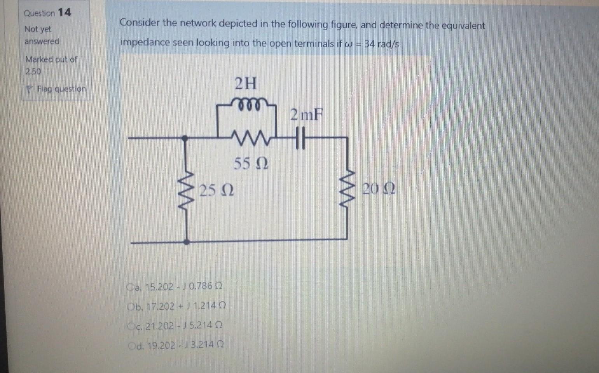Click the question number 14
pyautogui.click(x=65, y=12)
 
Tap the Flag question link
pyautogui.click(x=61, y=89)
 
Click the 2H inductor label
pyautogui.click(x=246, y=83)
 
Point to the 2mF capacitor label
pyautogui.click(x=307, y=115)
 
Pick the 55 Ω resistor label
pyautogui.click(x=251, y=164)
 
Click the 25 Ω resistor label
pyautogui.click(x=217, y=190)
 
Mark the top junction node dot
pyautogui.click(x=186, y=138)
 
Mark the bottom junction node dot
pyautogui.click(x=187, y=242)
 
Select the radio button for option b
pyautogui.click(x=131, y=307)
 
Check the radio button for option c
pyautogui.click(x=131, y=326)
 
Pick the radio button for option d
pyautogui.click(x=131, y=345)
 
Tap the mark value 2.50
pyautogui.click(x=33, y=71)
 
